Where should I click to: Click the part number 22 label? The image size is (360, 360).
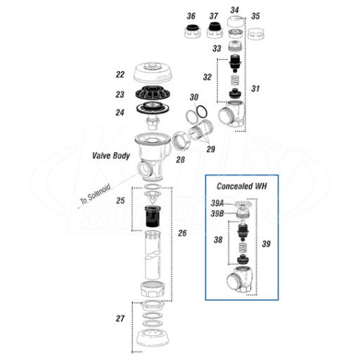click(x=120, y=75)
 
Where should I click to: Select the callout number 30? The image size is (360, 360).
click(x=194, y=97)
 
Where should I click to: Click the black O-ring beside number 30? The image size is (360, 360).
click(x=202, y=112)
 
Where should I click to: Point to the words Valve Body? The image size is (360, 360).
click(x=111, y=155)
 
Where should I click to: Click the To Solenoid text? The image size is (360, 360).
click(x=95, y=195)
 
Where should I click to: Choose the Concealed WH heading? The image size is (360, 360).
click(x=242, y=186)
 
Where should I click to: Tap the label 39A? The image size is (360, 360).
click(x=217, y=203)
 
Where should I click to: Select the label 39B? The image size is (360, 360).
click(x=217, y=214)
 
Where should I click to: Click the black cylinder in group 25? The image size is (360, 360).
click(x=153, y=217)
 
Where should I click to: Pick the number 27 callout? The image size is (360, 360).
click(x=120, y=319)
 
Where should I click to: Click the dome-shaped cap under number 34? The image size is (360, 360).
click(x=236, y=22)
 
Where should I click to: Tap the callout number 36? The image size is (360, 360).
click(x=191, y=16)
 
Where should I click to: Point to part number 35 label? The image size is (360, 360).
click(x=255, y=16)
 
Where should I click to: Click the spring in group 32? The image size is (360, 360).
click(x=235, y=80)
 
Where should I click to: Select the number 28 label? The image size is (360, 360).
click(x=181, y=160)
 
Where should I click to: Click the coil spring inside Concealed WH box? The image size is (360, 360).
click(x=243, y=248)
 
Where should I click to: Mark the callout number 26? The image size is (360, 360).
click(x=182, y=233)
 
